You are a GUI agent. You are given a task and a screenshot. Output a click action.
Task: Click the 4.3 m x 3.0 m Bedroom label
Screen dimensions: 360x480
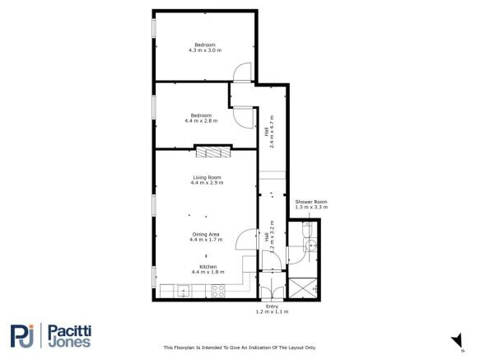tap(204, 47)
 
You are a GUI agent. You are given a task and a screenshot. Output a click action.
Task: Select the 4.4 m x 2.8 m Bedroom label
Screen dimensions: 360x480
tap(201, 118)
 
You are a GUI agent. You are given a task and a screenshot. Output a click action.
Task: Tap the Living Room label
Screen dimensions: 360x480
tap(207, 180)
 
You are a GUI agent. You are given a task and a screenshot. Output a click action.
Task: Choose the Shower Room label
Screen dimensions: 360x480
tap(311, 204)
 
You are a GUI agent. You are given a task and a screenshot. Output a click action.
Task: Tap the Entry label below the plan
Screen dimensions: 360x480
tap(272, 310)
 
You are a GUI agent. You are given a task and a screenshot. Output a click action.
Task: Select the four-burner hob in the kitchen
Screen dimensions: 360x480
tap(220, 290)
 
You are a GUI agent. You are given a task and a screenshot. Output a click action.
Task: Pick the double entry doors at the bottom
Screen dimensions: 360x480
tap(272, 290)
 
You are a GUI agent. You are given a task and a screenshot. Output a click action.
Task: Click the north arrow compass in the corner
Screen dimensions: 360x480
tap(454, 340)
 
